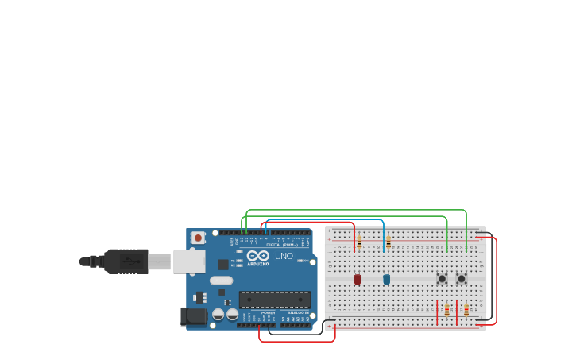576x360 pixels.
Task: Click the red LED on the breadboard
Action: [358, 279]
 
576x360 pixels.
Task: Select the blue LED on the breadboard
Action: [387, 279]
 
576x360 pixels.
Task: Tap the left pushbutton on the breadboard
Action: [442, 278]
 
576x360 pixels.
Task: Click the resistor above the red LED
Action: [359, 242]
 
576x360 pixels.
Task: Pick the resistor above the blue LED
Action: [388, 242]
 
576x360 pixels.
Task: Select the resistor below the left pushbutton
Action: [446, 311]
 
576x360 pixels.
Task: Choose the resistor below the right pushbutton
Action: [466, 311]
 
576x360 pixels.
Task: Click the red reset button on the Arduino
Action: [198, 238]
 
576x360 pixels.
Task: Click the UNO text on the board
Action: [284, 257]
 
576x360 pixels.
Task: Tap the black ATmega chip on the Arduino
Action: [274, 300]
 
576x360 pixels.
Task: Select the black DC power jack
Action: [194, 317]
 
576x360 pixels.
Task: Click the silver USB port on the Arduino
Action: [189, 261]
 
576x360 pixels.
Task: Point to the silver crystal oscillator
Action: [222, 281]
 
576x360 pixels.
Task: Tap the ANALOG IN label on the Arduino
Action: [298, 313]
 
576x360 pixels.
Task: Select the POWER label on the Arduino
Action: [268, 313]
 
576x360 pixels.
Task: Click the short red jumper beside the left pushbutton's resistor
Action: [437, 311]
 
